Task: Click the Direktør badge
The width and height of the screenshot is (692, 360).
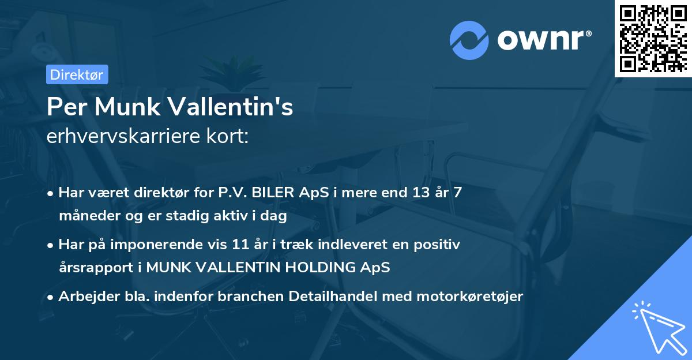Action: [77, 74]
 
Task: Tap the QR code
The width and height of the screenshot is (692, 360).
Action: [653, 39]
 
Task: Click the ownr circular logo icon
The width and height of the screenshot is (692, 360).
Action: [469, 40]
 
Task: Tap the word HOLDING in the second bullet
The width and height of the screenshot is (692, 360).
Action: [320, 268]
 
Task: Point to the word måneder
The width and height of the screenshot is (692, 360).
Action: [85, 216]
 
